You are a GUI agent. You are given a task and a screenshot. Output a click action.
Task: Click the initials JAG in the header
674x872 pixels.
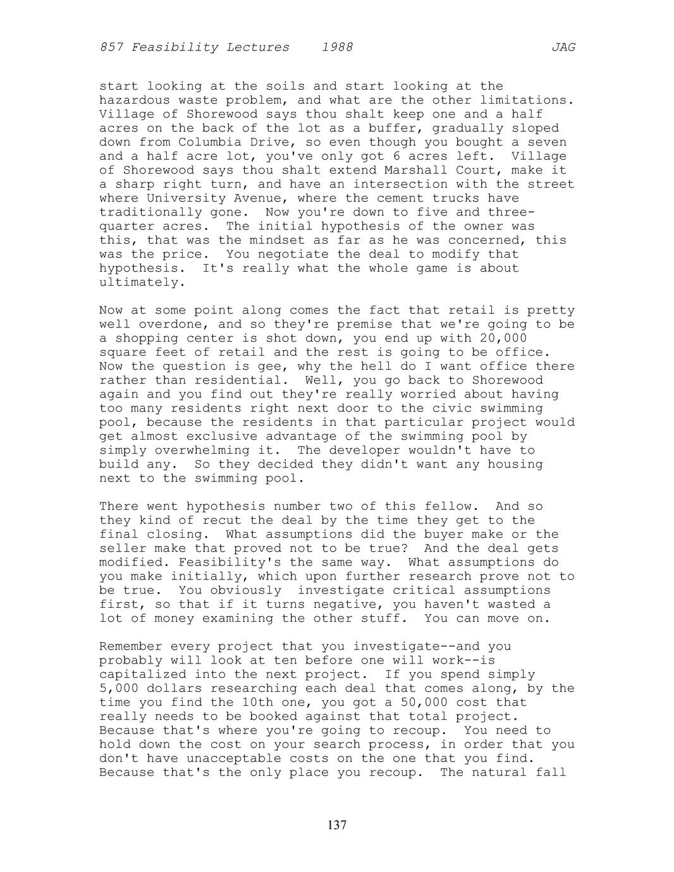[563, 47]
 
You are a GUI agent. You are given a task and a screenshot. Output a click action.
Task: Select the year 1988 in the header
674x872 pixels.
[337, 47]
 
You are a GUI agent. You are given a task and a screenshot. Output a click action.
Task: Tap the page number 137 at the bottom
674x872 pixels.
[337, 825]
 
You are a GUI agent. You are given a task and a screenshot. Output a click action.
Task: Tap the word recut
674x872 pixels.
[222, 520]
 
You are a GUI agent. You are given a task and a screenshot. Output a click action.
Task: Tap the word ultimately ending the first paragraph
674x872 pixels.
[138, 282]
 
